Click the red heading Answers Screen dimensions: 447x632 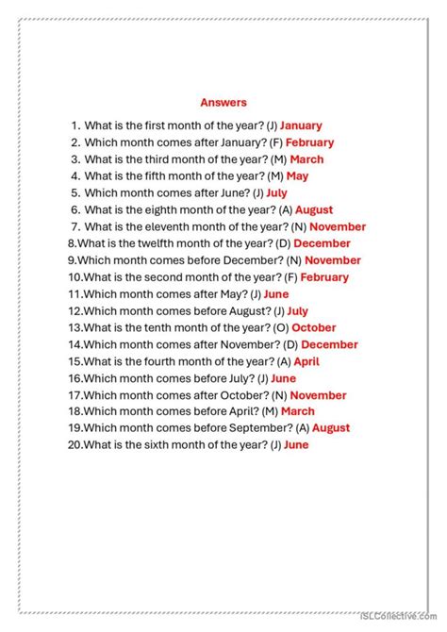coord(223,102)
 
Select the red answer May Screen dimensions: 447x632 coord(297,176)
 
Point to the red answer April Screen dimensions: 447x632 coord(306,361)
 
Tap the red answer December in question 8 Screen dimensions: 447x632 coord(322,243)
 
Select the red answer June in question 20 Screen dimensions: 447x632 coord(296,445)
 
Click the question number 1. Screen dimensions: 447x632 coord(74,125)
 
